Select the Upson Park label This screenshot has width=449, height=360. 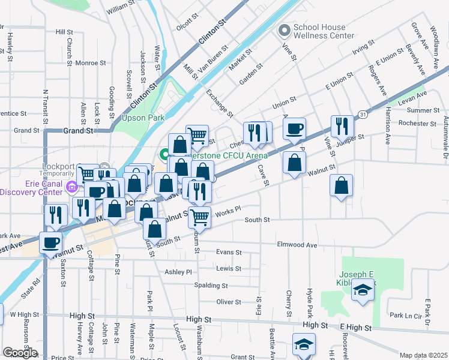pyautogui.click(x=143, y=118)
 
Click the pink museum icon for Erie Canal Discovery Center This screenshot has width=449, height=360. pyautogui.click(x=73, y=188)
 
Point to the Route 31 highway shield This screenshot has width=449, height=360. pyautogui.click(x=363, y=113)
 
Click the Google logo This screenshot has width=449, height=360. pyautogui.click(x=20, y=353)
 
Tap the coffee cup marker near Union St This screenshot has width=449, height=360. pyautogui.click(x=294, y=129)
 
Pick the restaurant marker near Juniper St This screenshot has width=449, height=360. pyautogui.click(x=342, y=126)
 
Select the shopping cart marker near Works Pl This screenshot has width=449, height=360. pyautogui.click(x=199, y=217)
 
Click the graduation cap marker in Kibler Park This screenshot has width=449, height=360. pyautogui.click(x=363, y=292)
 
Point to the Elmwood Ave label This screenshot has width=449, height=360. pyautogui.click(x=297, y=245)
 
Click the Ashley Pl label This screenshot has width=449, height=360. pyautogui.click(x=178, y=272)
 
